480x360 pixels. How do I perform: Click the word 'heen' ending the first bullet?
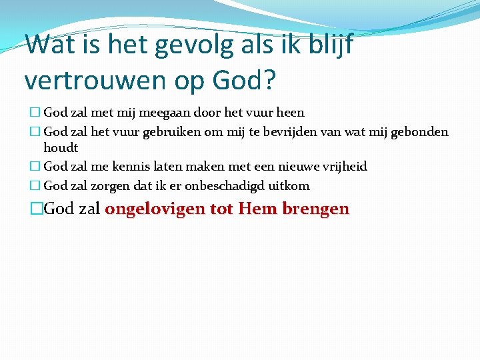pyautogui.click(x=290, y=113)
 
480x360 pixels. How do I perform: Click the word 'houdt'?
pyautogui.click(x=61, y=148)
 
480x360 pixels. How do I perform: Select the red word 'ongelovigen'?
pyautogui.click(x=155, y=209)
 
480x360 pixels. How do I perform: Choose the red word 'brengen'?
pyautogui.click(x=315, y=209)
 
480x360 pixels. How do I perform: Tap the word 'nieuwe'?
pyautogui.click(x=283, y=167)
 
